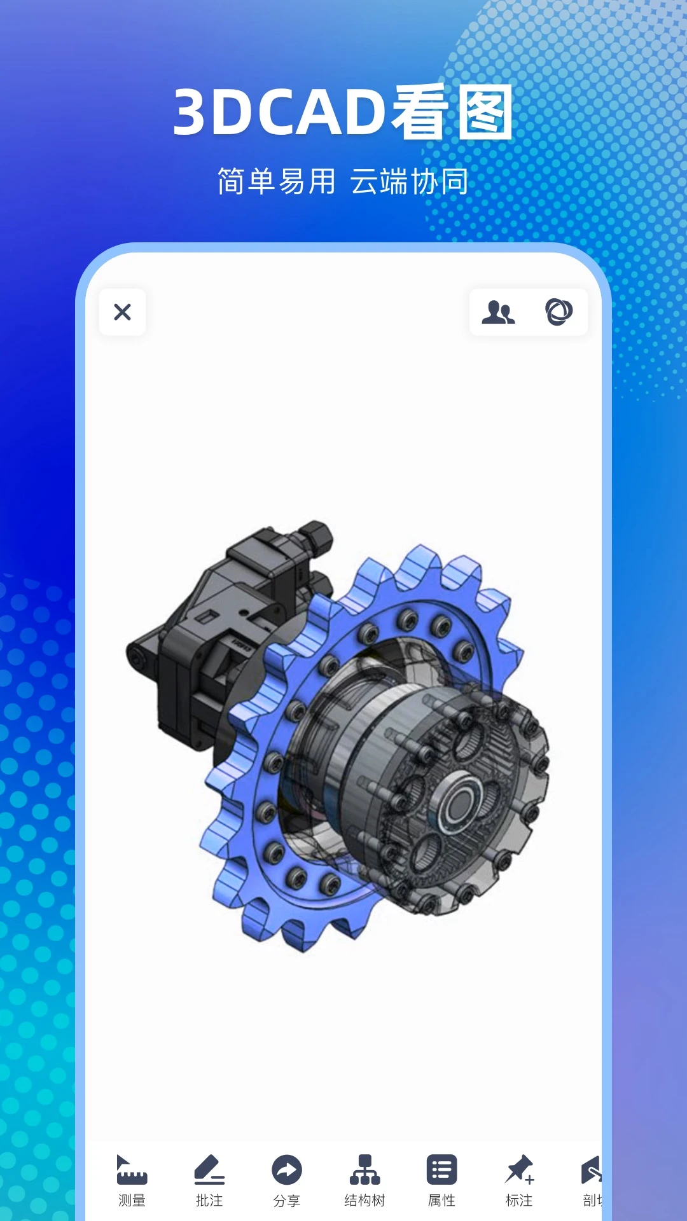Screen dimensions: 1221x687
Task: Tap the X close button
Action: coord(122,312)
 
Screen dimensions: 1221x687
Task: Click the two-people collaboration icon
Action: coord(498,312)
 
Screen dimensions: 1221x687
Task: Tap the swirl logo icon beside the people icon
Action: coord(559,312)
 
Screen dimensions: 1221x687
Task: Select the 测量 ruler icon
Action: coord(132,1170)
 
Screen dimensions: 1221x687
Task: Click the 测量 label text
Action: coord(132,1201)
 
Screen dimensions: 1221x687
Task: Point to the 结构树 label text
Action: coord(364,1201)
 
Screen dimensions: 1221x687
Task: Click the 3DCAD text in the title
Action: coord(280,113)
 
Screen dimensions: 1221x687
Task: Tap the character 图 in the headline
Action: coord(485,113)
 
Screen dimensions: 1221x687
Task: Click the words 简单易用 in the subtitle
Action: coord(277,182)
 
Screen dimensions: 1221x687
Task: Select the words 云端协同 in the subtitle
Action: coord(409,182)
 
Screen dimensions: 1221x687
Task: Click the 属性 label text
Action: coord(441,1201)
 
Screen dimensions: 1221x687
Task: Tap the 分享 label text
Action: coord(287,1201)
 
